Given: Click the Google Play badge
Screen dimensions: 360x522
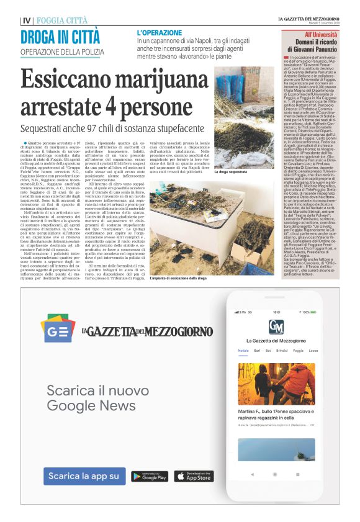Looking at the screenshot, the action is tap(150, 476).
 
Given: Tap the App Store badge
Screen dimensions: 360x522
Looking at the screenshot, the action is tap(194, 476).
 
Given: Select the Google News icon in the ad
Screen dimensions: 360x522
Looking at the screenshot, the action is tap(58, 330).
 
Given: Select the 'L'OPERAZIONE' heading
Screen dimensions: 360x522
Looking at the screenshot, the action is tap(160, 32).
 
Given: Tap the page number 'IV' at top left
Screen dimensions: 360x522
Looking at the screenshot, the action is tap(26, 20).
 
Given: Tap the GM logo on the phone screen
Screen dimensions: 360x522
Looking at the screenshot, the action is tap(276, 326).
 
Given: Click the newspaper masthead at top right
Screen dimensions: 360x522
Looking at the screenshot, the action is tap(309, 19).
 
